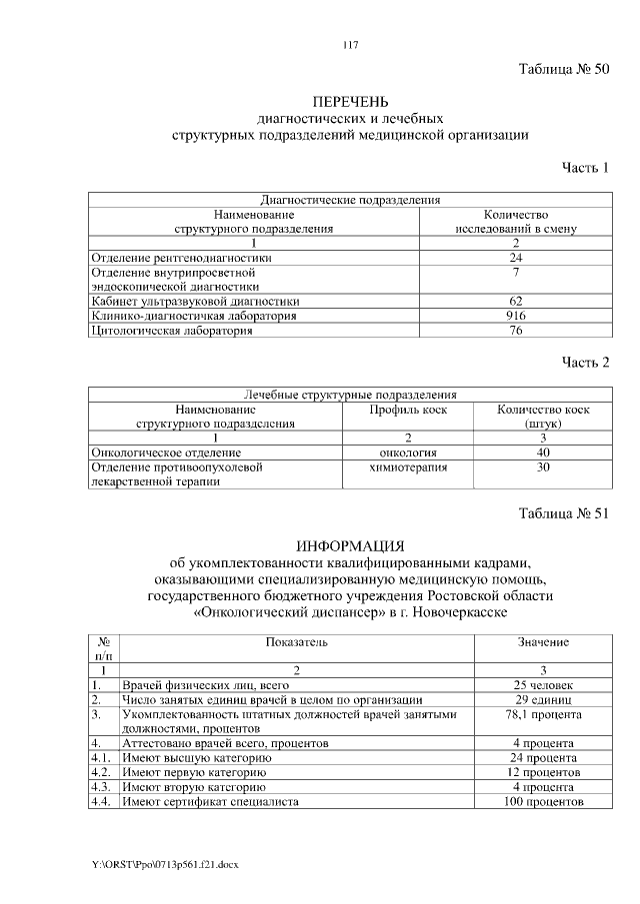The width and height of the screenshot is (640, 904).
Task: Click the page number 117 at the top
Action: (350, 45)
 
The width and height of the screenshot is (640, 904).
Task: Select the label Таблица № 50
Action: (563, 69)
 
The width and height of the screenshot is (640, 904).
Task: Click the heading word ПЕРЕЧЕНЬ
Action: (350, 101)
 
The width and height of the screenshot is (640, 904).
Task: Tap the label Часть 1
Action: (585, 167)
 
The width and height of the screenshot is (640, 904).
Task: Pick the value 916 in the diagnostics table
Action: (516, 316)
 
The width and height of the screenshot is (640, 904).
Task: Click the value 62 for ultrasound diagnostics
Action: (516, 301)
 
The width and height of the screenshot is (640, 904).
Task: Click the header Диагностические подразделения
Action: (350, 199)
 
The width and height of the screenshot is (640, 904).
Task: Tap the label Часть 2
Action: (585, 361)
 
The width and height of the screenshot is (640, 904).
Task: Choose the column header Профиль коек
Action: (408, 409)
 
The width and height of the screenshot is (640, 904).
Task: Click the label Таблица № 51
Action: (563, 514)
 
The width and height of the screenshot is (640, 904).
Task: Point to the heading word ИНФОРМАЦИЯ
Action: (350, 545)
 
